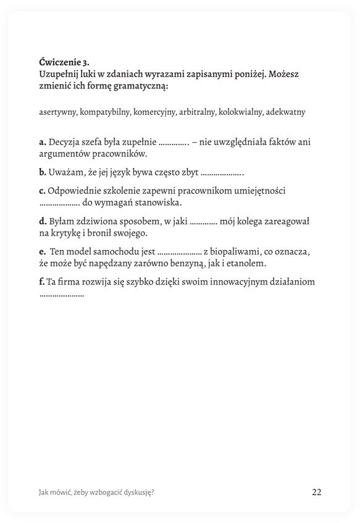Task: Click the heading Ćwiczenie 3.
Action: (64, 62)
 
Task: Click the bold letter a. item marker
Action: (42, 141)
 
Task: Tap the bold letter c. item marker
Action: (42, 191)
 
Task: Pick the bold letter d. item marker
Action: (43, 221)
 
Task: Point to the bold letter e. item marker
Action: (42, 251)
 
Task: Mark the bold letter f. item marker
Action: (41, 282)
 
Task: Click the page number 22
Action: (316, 492)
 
